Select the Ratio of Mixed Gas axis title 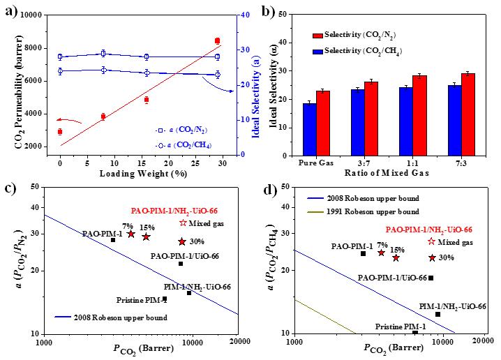pos(390,172)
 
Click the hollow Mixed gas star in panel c pos(183,223)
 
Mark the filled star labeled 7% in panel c pos(131,234)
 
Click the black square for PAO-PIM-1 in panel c pos(113,240)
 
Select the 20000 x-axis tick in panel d pos(480,344)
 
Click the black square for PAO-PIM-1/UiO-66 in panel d pos(431,278)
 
